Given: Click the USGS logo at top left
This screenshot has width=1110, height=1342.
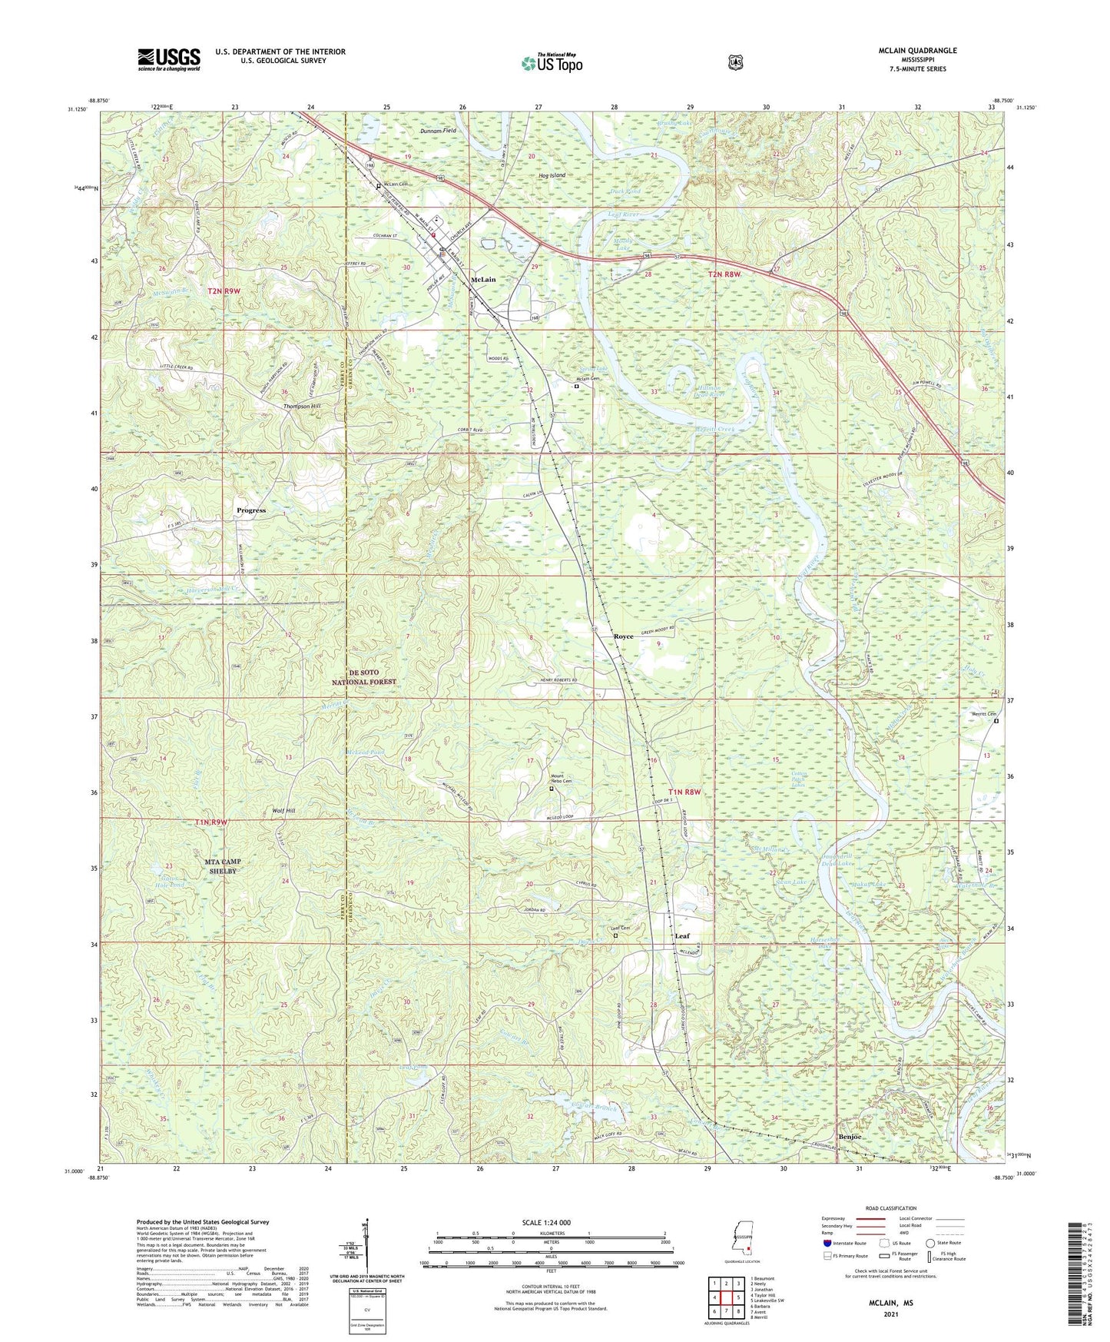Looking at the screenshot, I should (169, 59).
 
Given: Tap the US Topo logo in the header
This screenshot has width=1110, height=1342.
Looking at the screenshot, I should (551, 63).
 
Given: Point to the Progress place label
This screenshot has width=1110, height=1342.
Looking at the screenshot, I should (251, 510).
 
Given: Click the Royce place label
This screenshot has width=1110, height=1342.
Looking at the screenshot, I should (623, 636).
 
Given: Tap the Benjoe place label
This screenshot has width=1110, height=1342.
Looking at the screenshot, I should (850, 1136).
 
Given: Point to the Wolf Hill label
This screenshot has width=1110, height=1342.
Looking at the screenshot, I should (283, 811).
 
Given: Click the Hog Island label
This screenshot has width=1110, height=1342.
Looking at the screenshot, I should (552, 175).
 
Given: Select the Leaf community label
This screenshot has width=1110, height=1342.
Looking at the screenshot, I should (682, 935).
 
